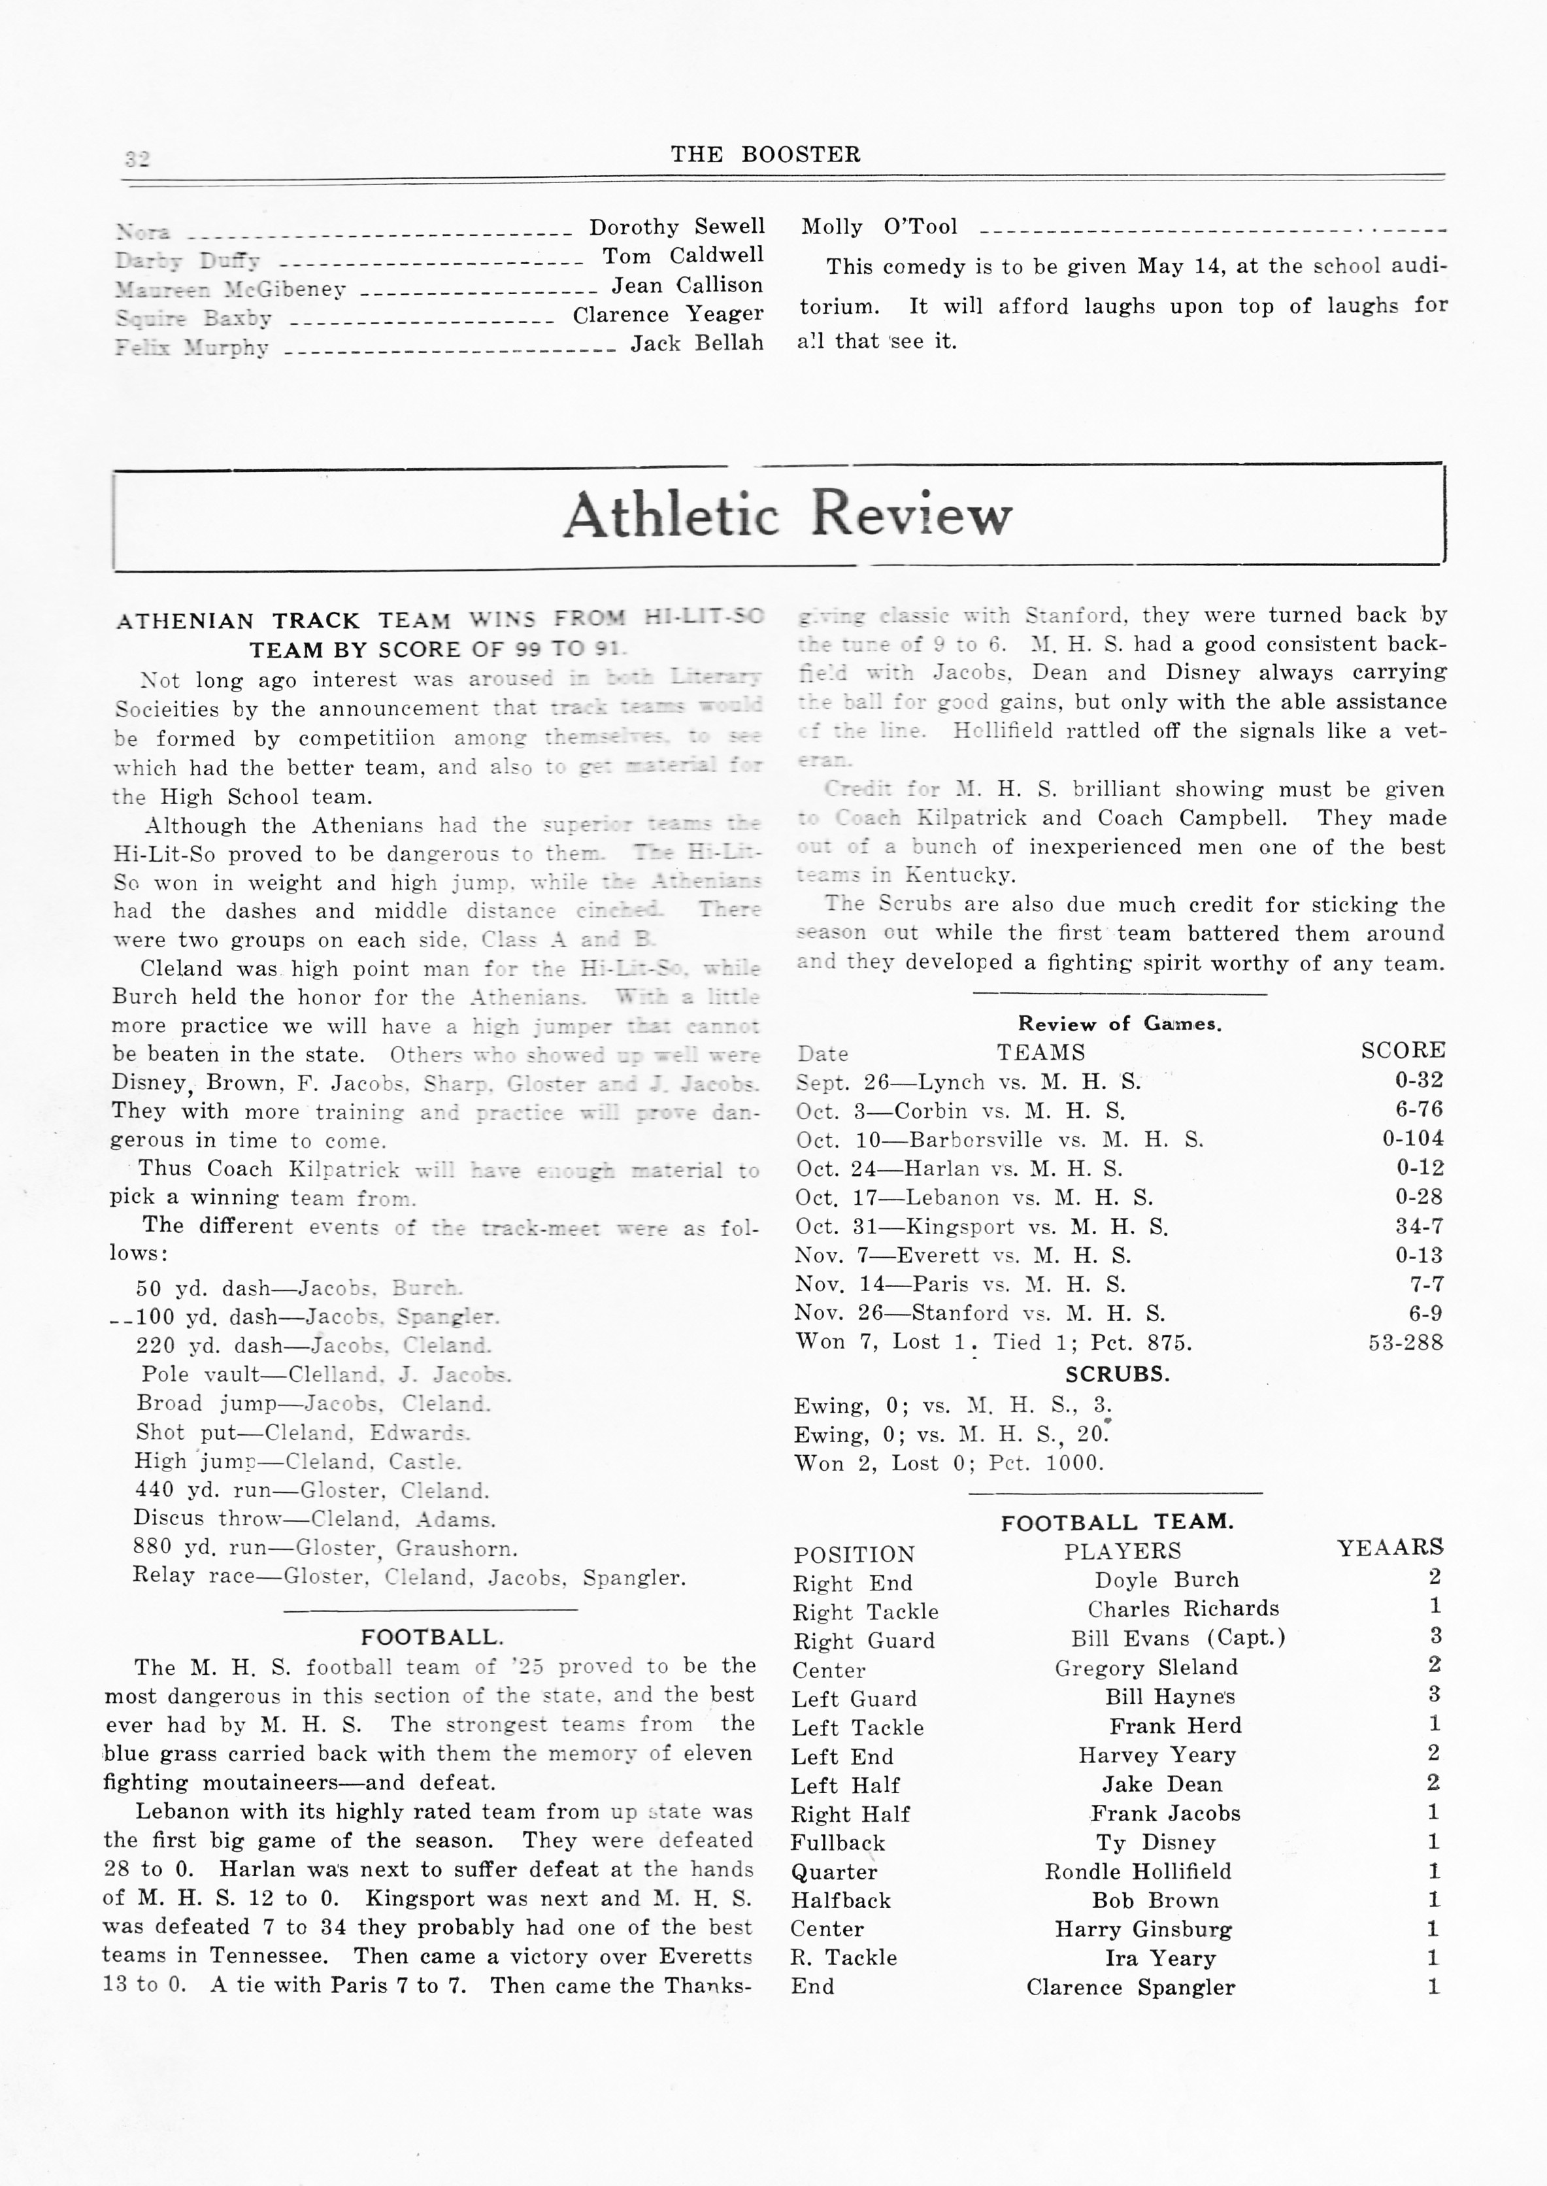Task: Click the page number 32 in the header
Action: tap(137, 158)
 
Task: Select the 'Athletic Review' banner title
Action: tap(787, 514)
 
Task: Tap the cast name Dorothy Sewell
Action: tap(676, 227)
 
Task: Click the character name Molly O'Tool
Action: tap(878, 227)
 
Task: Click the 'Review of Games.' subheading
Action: tap(1120, 1024)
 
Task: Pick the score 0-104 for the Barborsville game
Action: tap(1412, 1138)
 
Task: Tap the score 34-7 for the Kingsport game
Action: tap(1420, 1226)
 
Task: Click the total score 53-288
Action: tap(1406, 1342)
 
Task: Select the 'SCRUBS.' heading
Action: tap(1118, 1375)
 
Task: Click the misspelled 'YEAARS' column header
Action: tap(1390, 1547)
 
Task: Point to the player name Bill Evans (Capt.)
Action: tap(1177, 1638)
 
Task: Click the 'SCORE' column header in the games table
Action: tap(1402, 1051)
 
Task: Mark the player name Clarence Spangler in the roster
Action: tap(1131, 1987)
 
